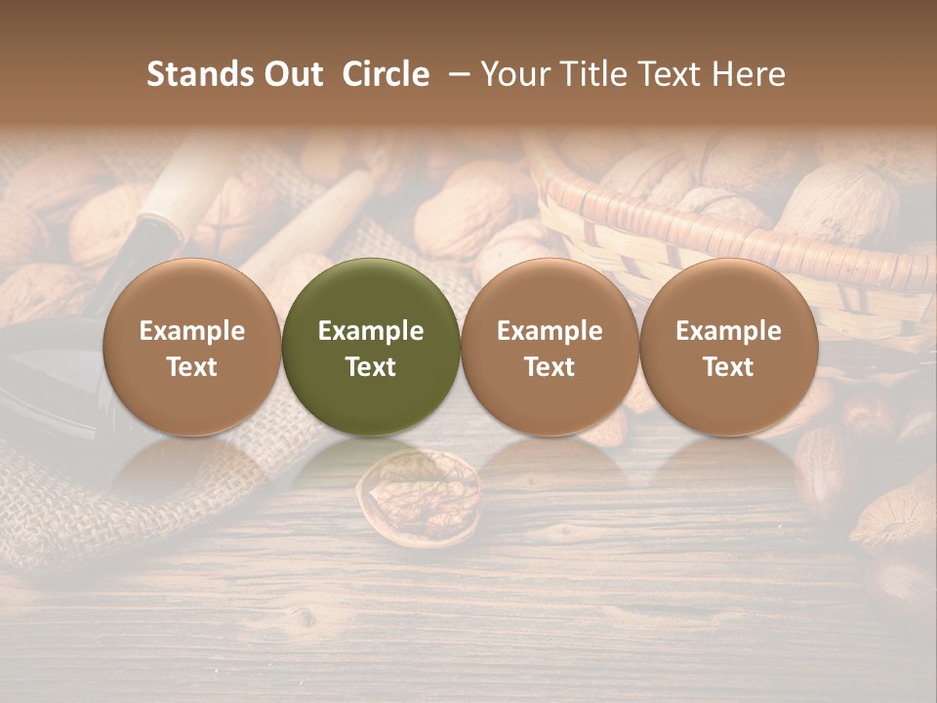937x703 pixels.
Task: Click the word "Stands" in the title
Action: pyautogui.click(x=199, y=74)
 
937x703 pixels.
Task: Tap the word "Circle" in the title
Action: pyautogui.click(x=386, y=74)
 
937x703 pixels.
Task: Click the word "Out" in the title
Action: pyautogui.click(x=292, y=74)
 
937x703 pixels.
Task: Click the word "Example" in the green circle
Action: pyautogui.click(x=371, y=331)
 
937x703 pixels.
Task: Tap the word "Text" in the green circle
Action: pyautogui.click(x=371, y=367)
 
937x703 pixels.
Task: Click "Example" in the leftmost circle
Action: pyautogui.click(x=192, y=331)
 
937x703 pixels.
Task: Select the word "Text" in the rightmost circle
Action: pyautogui.click(x=728, y=367)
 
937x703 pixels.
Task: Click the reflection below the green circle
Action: pyautogui.click(x=371, y=459)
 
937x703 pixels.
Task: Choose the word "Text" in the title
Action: pyautogui.click(x=675, y=74)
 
